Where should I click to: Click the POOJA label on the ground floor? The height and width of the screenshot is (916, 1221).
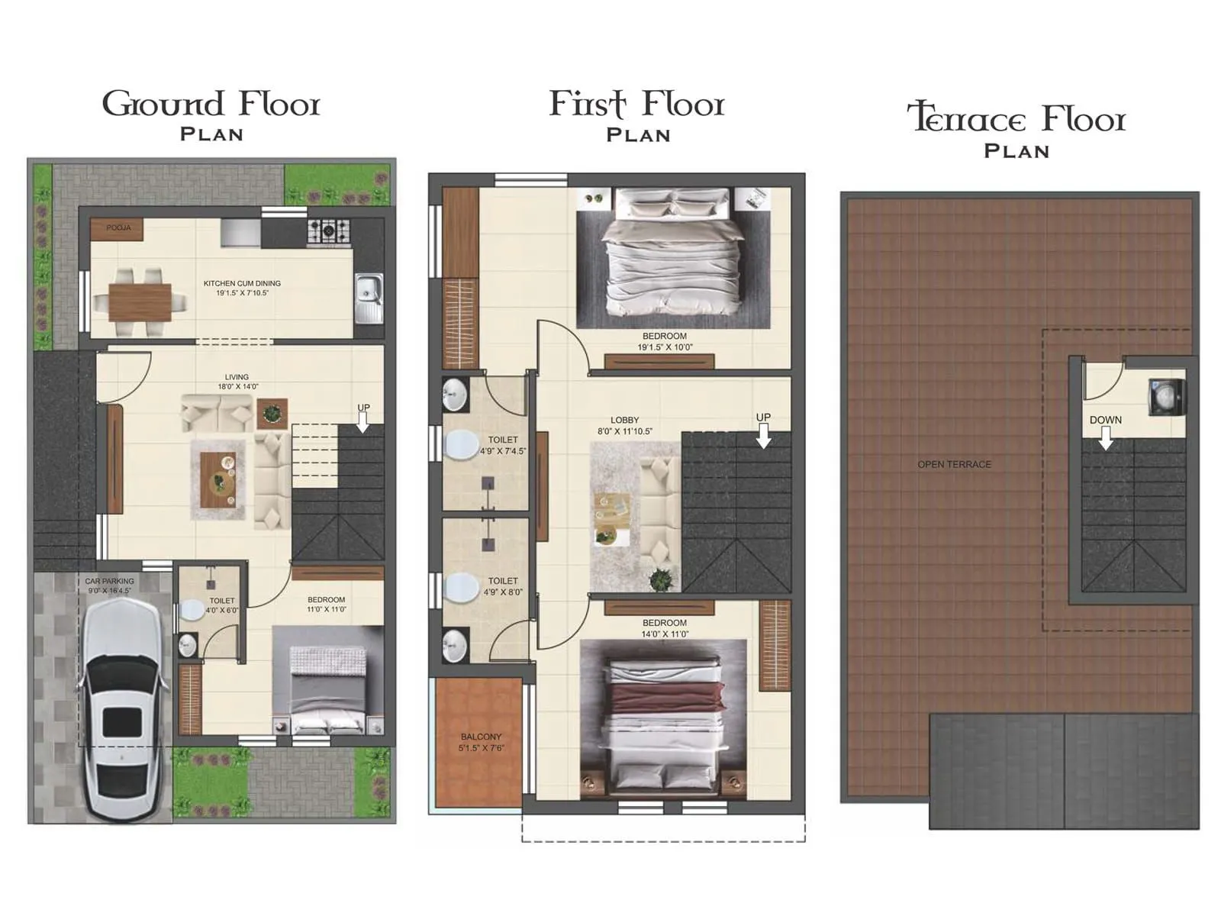coord(118,227)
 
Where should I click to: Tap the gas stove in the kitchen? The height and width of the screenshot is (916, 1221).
coord(329,230)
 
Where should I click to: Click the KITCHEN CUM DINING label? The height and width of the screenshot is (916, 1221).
coord(242,288)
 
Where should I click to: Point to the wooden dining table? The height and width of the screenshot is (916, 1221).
coord(140,302)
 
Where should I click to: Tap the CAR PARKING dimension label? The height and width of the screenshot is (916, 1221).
coord(109,585)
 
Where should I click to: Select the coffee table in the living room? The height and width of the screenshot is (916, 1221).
coord(218,479)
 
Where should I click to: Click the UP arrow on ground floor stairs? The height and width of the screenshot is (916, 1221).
coord(363,421)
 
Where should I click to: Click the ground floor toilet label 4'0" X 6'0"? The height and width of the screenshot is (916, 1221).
coord(222,605)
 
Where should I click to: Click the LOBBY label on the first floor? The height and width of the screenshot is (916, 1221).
coord(624,425)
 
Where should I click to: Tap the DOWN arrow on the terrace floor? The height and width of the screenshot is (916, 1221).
coord(1105,437)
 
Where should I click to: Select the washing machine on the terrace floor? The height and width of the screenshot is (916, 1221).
coord(1168,397)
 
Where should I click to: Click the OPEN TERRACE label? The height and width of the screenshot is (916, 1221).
coord(954,464)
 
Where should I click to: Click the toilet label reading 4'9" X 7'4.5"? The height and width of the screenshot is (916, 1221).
coord(503,445)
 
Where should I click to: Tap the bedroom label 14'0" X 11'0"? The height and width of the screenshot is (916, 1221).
coord(664,628)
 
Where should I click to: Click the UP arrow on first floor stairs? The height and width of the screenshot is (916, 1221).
coord(763,435)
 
